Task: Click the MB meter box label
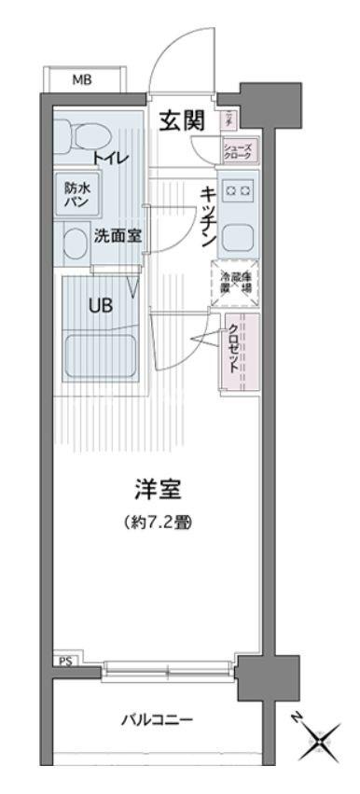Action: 82,80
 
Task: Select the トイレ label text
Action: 111,158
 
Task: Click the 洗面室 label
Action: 118,236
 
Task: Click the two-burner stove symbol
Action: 237,192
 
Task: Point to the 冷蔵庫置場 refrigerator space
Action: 237,282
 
